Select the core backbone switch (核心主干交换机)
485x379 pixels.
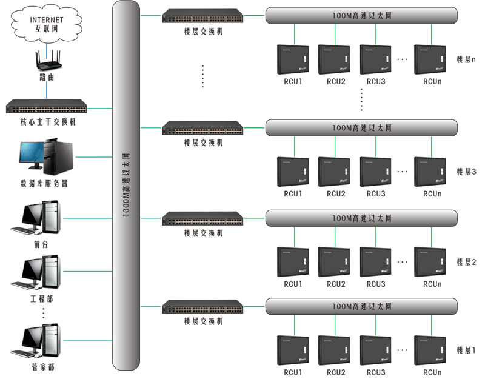tap(47, 109)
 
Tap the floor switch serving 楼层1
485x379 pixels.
tap(202, 305)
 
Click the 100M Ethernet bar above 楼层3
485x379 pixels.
tap(361, 128)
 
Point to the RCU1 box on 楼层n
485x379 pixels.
tap(293, 59)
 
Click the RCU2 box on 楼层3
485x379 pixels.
tap(335, 172)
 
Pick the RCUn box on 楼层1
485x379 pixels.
tap(432, 350)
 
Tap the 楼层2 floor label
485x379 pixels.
tap(466, 262)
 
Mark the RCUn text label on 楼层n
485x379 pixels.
tap(432, 82)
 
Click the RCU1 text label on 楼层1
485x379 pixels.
tap(293, 372)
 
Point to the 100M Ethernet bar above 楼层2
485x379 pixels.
tap(361, 218)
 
